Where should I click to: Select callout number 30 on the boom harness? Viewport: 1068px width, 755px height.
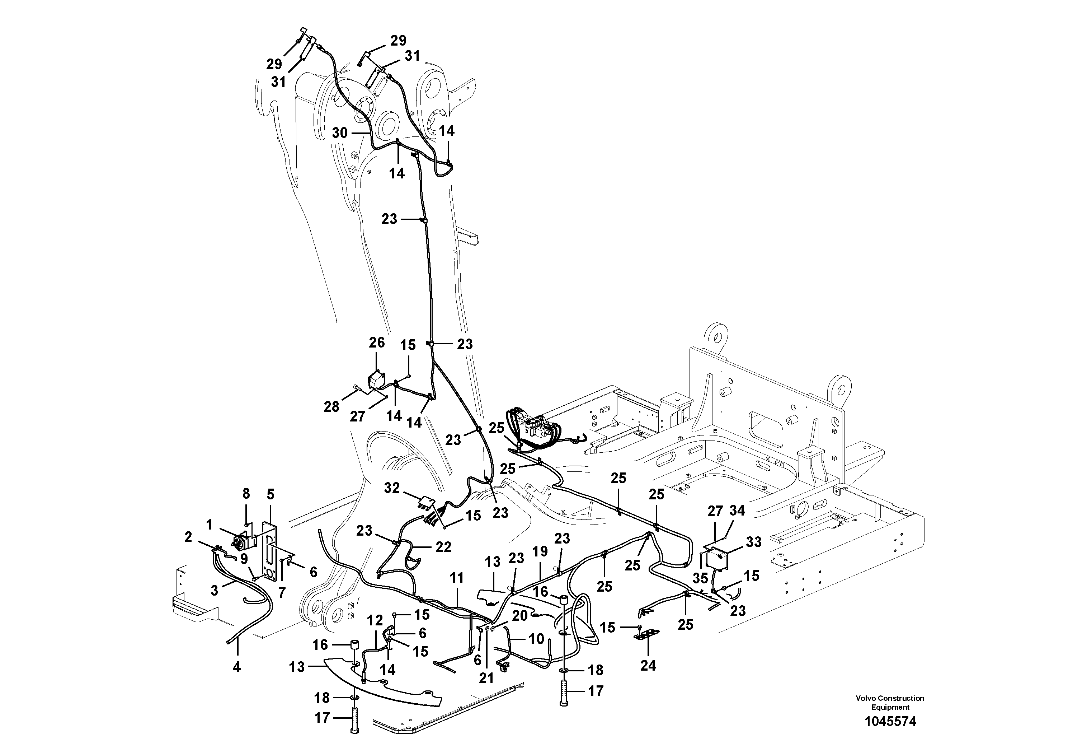point(340,133)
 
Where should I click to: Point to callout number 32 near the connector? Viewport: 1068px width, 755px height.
point(392,488)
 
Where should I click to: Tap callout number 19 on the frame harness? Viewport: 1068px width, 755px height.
point(540,553)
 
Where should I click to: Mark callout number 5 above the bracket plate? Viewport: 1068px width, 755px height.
point(270,494)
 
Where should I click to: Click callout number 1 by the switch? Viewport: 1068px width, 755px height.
point(209,525)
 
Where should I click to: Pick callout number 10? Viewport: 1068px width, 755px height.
point(536,639)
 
